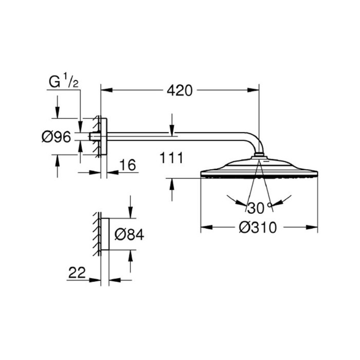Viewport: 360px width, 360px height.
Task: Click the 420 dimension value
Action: [x=179, y=91]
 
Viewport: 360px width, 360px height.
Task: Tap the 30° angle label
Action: [x=259, y=208]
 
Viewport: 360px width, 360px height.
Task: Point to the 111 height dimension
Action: [x=171, y=158]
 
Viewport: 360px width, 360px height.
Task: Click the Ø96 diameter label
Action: [x=55, y=137]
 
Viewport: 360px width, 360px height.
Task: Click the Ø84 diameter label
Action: [x=129, y=235]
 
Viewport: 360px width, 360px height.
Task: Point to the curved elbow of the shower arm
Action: [x=256, y=145]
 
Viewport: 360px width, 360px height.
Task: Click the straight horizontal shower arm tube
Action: [x=175, y=137]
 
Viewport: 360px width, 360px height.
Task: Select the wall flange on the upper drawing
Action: [x=103, y=137]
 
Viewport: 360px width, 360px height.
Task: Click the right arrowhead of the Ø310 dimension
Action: [x=314, y=227]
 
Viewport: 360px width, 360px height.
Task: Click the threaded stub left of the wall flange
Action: [x=94, y=137]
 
